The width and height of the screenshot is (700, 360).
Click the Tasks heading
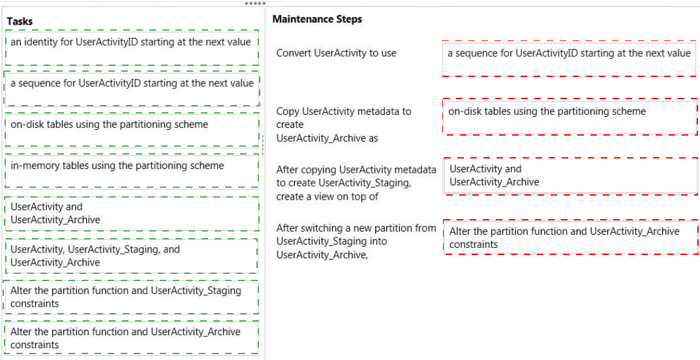pyautogui.click(x=20, y=21)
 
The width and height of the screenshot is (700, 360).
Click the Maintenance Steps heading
pyautogui.click(x=317, y=19)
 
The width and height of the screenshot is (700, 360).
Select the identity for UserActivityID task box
pyautogui.click(x=132, y=48)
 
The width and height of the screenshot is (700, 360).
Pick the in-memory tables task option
pyautogui.click(x=132, y=171)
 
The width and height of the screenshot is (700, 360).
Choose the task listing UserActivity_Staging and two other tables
pyautogui.click(x=132, y=256)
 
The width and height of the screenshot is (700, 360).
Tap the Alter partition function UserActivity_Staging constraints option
pyautogui.click(x=132, y=297)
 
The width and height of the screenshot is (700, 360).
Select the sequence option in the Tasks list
pyautogui.click(x=132, y=88)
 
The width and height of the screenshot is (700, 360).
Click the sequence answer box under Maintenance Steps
pyautogui.click(x=570, y=59)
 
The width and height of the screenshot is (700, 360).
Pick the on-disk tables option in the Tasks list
pyautogui.click(x=132, y=130)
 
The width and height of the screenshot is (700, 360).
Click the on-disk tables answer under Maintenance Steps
pyautogui.click(x=570, y=117)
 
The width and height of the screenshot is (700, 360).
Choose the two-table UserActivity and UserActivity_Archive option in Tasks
pyautogui.click(x=132, y=213)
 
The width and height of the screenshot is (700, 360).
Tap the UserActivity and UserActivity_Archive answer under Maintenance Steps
pyautogui.click(x=571, y=176)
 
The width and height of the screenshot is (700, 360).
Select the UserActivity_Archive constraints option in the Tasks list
pyautogui.click(x=132, y=338)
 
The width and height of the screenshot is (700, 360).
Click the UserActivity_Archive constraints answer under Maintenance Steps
pyautogui.click(x=571, y=237)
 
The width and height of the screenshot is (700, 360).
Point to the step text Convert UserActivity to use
pyautogui.click(x=336, y=53)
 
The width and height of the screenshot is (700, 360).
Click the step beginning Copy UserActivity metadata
pyautogui.click(x=344, y=125)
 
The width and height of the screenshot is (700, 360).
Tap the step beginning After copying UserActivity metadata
pyautogui.click(x=356, y=183)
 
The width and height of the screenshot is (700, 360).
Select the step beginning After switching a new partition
pyautogui.click(x=356, y=241)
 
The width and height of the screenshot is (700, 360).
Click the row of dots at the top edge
pyautogui.click(x=255, y=3)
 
